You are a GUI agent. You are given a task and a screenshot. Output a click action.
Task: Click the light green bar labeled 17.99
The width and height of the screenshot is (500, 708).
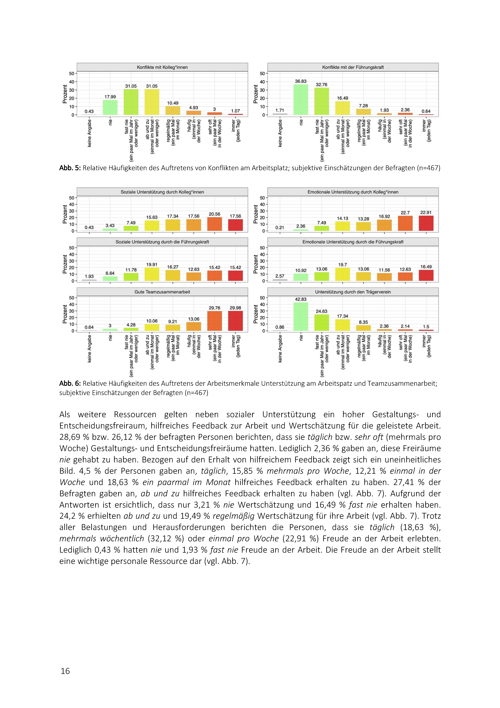pyautogui.click(x=110, y=107)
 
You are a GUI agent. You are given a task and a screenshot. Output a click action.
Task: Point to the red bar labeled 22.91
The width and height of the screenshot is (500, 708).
pyautogui.click(x=426, y=223)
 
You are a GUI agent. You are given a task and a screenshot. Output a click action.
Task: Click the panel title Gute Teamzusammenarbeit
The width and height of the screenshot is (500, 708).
pyautogui.click(x=162, y=292)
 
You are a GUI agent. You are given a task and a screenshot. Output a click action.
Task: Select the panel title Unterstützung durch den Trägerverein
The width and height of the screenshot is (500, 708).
pyautogui.click(x=353, y=292)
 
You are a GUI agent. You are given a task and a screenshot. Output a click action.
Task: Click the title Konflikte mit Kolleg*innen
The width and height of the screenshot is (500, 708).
pyautogui.click(x=162, y=67)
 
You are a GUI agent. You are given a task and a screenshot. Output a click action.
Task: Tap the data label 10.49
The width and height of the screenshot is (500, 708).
pyautogui.click(x=173, y=103)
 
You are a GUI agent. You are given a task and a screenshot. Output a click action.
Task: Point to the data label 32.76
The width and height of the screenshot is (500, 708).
pyautogui.click(x=322, y=84)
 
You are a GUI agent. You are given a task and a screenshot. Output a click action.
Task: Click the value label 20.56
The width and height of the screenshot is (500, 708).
pyautogui.click(x=215, y=214)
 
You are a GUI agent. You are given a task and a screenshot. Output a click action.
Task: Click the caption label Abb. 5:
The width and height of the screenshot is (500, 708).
pyautogui.click(x=70, y=168)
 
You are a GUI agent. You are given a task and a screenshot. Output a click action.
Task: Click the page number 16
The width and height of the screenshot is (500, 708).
pyautogui.click(x=65, y=671)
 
